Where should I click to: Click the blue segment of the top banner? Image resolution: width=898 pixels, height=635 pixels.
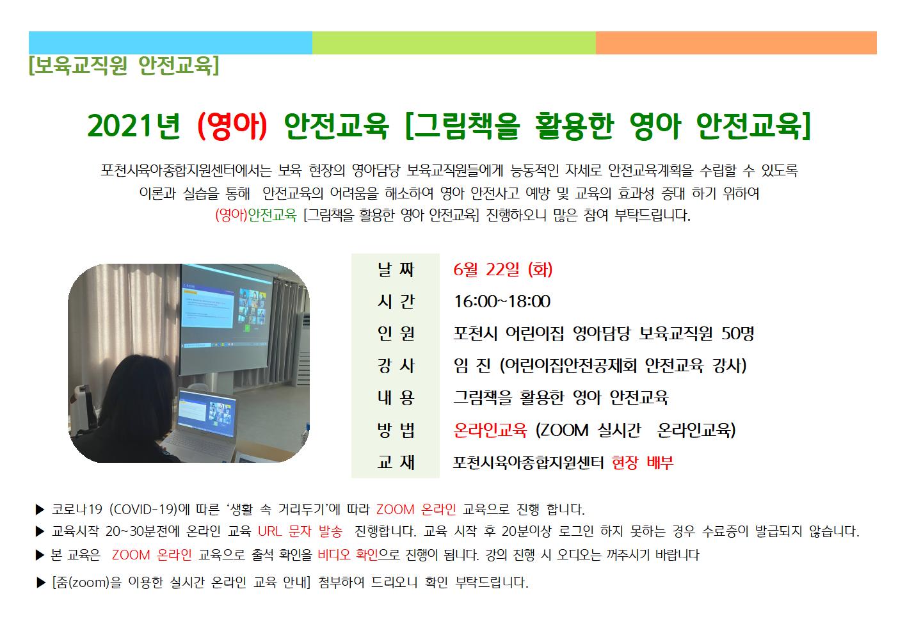tap(170, 43)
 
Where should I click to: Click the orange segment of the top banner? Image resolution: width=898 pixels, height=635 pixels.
tap(736, 43)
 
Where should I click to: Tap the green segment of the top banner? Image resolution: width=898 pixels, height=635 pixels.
tap(454, 43)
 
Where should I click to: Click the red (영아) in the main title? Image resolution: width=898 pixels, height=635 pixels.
tap(232, 126)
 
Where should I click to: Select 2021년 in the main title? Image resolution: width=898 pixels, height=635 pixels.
tap(134, 126)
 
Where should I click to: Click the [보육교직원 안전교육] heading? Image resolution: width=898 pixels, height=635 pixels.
tap(124, 66)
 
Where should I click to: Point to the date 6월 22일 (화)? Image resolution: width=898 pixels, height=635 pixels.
tap(502, 269)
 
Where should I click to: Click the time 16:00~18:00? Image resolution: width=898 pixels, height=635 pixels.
tap(502, 301)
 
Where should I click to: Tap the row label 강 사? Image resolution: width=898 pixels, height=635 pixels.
tap(396, 366)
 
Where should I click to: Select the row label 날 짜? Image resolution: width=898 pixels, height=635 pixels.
tap(396, 269)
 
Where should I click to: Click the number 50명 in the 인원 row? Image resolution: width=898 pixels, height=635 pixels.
tap(738, 334)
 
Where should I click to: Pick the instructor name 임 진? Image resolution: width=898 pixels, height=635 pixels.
tap(472, 366)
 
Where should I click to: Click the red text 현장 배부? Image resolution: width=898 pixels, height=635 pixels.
tap(643, 463)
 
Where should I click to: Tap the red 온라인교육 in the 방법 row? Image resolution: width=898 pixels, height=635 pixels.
tap(490, 430)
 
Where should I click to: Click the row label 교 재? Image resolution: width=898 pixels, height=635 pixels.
tap(396, 463)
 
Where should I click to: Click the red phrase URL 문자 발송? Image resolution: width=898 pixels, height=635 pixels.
tap(300, 531)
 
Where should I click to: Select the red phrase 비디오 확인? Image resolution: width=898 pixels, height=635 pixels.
tap(348, 555)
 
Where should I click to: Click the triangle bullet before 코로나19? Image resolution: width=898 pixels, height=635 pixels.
tap(40, 510)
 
